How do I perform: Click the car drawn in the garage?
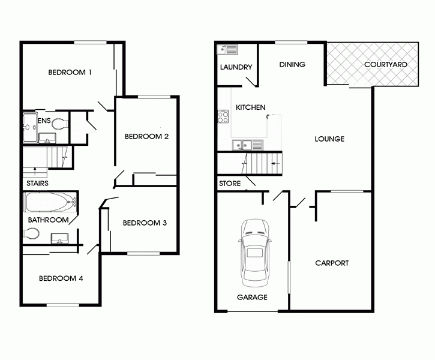(254, 253)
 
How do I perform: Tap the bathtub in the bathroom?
(51, 202)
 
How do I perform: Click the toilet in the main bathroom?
(31, 233)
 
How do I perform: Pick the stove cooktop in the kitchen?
(223, 116)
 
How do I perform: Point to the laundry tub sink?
(227, 50)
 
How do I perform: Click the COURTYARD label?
(386, 64)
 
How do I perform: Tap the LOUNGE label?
(329, 139)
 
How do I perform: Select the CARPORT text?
(332, 263)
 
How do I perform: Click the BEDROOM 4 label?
(61, 278)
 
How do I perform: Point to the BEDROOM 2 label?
(146, 136)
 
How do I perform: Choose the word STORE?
(230, 184)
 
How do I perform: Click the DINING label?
(292, 65)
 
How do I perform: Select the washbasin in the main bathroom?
(59, 238)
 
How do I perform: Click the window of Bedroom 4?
(62, 305)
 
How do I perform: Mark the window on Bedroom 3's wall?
(143, 253)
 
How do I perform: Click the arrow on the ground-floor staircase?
(276, 164)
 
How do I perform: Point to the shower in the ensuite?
(30, 128)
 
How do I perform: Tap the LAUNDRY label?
(236, 67)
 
